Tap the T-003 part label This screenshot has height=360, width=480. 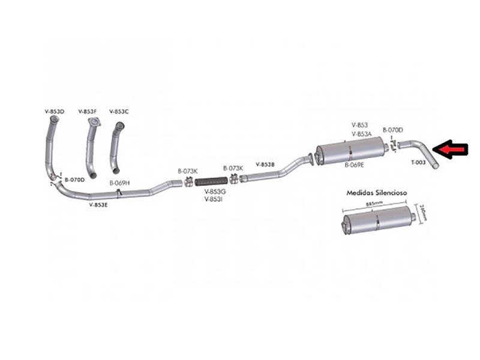point(419,162)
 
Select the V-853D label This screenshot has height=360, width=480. point(54,112)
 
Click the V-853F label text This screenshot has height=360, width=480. point(88,112)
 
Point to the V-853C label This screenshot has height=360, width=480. point(119,112)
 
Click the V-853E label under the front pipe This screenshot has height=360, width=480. point(98,205)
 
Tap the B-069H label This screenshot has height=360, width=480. point(119,182)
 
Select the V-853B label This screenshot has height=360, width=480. point(265,164)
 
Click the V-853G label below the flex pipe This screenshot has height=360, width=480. point(214,191)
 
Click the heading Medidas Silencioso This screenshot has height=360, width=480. point(377,193)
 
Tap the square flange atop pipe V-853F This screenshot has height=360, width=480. point(92,122)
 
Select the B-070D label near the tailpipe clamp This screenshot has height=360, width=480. point(393,130)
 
